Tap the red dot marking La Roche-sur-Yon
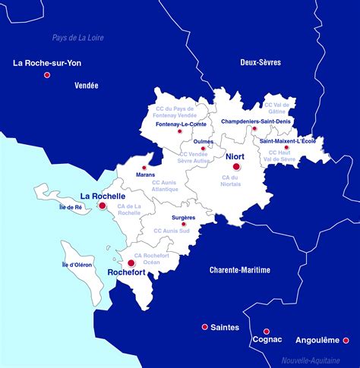pos(47,75)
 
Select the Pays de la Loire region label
pos(78,37)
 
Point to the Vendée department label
pos(87,86)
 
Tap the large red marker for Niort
pos(236,166)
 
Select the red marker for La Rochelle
pos(103,206)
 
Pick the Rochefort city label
pos(127,272)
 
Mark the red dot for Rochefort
pos(131,263)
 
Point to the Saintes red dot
pos(204,327)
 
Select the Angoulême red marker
pos(346,340)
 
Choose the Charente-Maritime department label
pos(240,269)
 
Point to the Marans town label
pos(145,175)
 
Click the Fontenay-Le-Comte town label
pos(180,124)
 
